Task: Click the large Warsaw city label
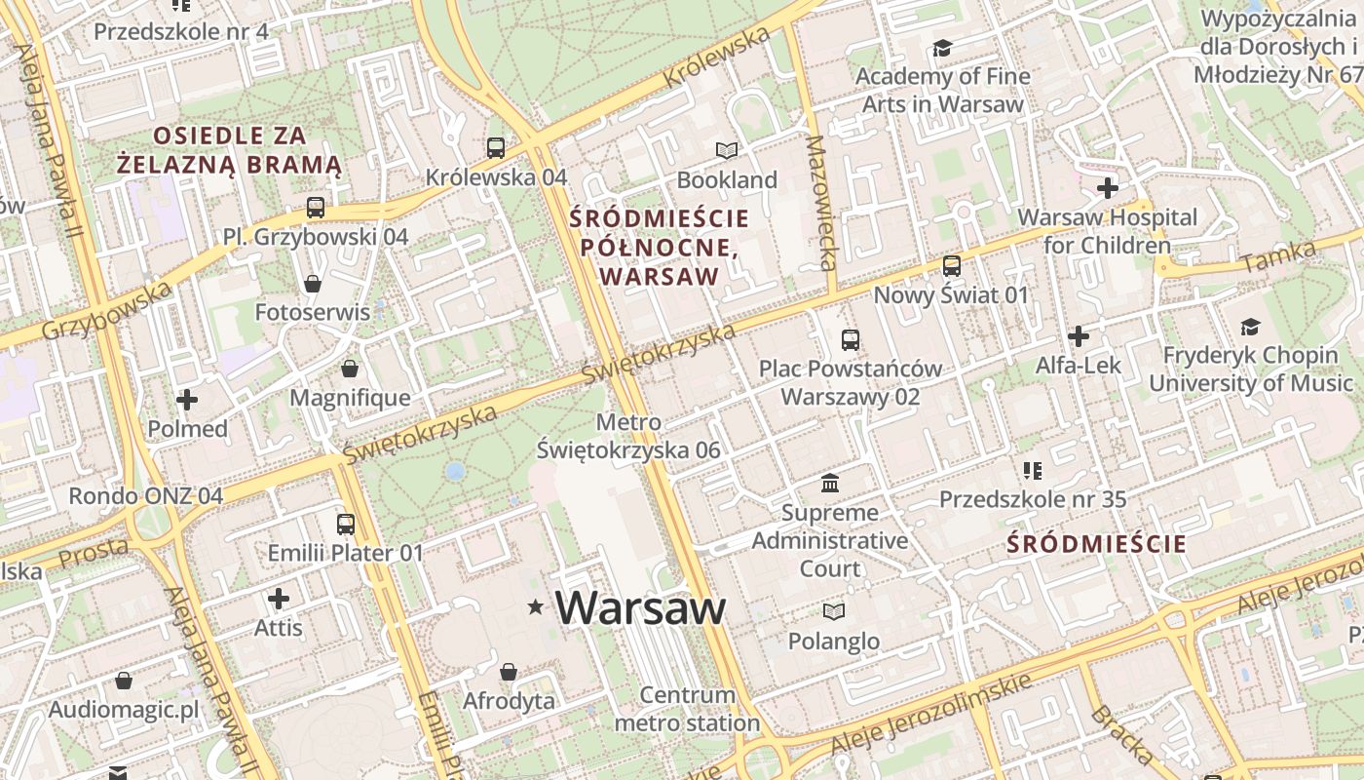click(640, 608)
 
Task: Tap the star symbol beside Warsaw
click(535, 607)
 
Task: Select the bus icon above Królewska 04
click(496, 148)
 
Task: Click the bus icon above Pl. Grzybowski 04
click(315, 207)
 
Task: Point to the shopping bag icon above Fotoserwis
click(313, 284)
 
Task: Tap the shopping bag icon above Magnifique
click(350, 369)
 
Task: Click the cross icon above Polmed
click(187, 399)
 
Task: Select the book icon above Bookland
click(727, 150)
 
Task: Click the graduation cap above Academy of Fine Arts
click(942, 47)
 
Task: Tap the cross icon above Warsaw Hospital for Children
click(1107, 187)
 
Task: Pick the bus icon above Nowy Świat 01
click(951, 265)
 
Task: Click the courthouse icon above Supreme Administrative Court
click(830, 483)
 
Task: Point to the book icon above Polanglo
click(833, 611)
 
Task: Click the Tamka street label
click(1278, 257)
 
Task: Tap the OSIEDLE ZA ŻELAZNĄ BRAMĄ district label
click(229, 150)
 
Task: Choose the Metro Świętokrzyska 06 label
click(628, 436)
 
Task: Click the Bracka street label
click(1122, 733)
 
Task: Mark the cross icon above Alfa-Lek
click(1078, 336)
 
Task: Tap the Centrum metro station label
click(687, 709)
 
